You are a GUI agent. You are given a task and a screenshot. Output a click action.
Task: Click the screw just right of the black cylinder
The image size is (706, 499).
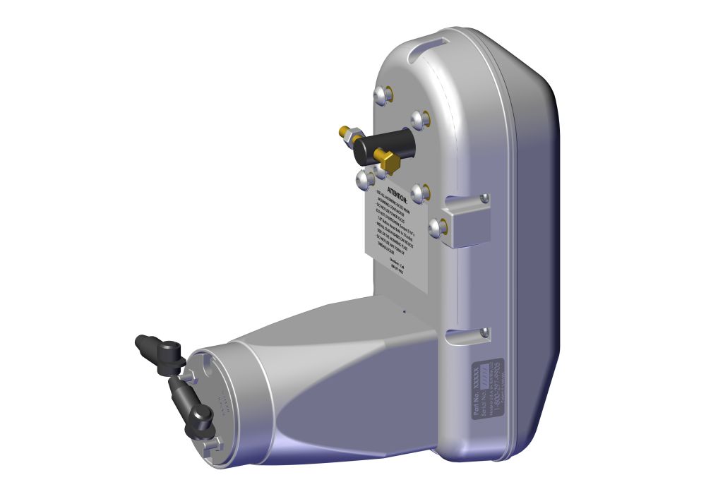point(421,119)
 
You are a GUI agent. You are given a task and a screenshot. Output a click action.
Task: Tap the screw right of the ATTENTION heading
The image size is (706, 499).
point(420,191)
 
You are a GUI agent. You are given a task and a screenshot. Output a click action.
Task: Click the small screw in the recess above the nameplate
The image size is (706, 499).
point(484,332)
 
